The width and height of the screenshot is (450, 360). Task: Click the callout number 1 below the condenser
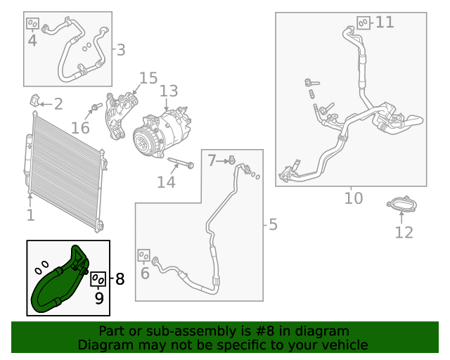(x=30, y=215)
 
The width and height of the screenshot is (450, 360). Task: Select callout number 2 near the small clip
(x=58, y=105)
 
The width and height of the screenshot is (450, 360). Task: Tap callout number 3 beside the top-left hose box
(x=120, y=50)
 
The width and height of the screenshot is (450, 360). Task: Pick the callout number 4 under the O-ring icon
(x=32, y=40)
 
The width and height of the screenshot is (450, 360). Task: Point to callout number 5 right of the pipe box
(x=273, y=224)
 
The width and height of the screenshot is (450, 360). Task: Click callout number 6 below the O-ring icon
(x=145, y=274)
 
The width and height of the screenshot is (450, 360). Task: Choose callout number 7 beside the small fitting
(x=212, y=161)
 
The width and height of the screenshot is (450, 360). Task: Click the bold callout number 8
(x=119, y=279)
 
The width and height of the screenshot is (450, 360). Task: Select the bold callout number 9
(x=98, y=297)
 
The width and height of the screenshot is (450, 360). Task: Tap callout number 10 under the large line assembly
(x=354, y=198)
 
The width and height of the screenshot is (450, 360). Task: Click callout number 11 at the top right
(x=385, y=22)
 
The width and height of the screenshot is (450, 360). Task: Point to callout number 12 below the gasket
(x=404, y=231)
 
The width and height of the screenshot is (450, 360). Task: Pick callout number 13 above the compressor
(x=169, y=91)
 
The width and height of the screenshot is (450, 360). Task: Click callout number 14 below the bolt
(x=166, y=182)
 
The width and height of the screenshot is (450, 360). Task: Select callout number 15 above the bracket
(x=148, y=77)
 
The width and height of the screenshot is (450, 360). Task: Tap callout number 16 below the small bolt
(x=80, y=128)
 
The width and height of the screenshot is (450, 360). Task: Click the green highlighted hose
(x=49, y=288)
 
